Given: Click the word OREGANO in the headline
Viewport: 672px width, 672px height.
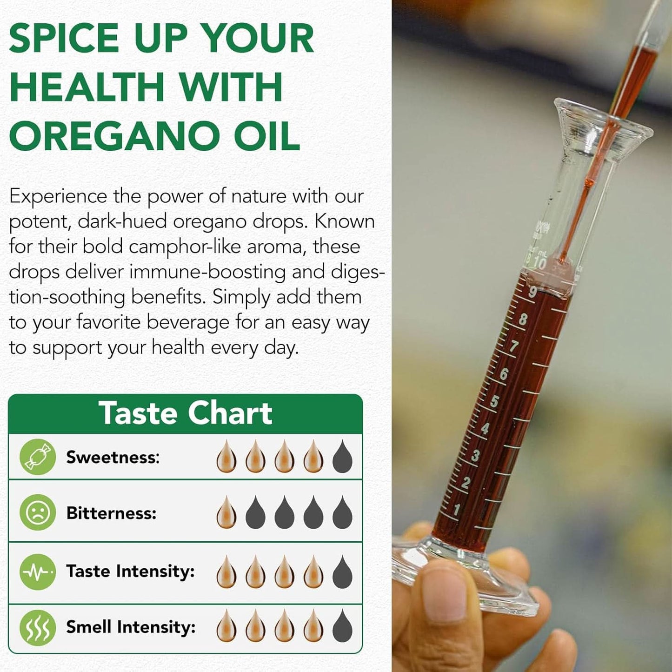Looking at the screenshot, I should [x=114, y=136].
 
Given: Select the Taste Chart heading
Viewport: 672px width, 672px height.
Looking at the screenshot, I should [x=185, y=413].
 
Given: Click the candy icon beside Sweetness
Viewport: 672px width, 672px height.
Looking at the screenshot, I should [x=38, y=457].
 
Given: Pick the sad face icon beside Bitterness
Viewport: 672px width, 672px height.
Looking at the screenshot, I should [x=38, y=512].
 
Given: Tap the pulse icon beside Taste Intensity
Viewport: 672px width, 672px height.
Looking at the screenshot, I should [x=38, y=572].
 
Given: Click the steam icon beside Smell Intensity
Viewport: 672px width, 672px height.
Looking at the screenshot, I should [x=38, y=627].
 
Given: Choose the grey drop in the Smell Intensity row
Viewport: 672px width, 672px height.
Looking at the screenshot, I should [x=342, y=626].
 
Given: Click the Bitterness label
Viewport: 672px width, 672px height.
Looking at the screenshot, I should [x=111, y=513].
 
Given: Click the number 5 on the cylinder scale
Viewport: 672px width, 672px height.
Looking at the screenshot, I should [x=494, y=401].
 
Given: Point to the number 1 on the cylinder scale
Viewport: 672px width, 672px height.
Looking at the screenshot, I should [x=457, y=510].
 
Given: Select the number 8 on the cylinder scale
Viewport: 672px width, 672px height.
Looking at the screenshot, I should [x=523, y=319].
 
